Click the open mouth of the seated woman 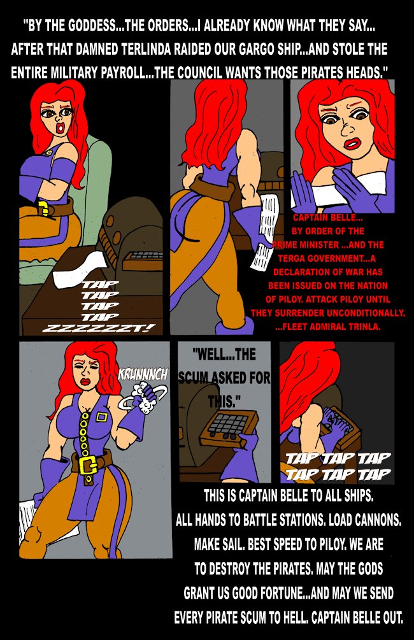click(61, 127)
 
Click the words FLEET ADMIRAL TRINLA click(331, 327)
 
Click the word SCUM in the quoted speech click(193, 378)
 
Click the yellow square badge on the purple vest click(101, 418)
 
